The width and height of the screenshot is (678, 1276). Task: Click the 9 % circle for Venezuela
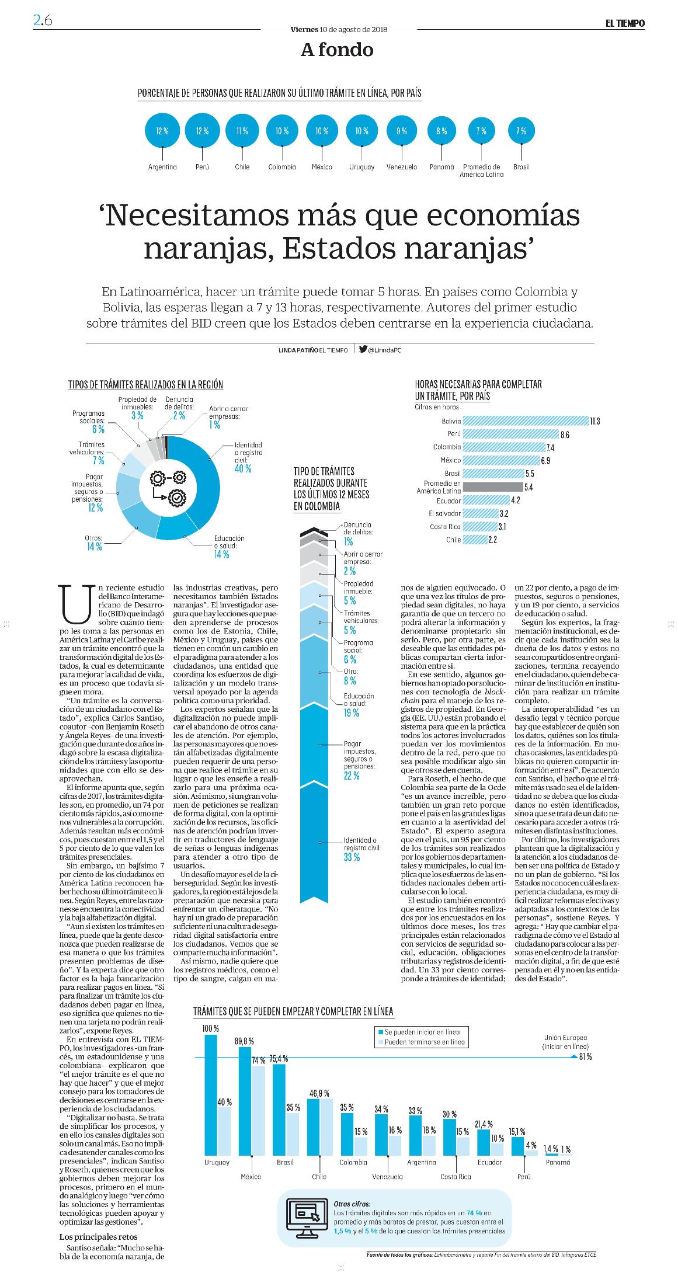(x=402, y=131)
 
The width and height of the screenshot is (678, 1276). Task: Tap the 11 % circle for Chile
(x=242, y=131)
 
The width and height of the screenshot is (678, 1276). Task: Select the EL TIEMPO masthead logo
(x=624, y=23)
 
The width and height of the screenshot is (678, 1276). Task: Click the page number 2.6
(x=43, y=21)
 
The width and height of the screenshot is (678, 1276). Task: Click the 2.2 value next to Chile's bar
(x=492, y=540)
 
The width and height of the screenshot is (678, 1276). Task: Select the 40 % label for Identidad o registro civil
(x=242, y=468)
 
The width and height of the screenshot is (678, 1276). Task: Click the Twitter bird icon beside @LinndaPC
(x=363, y=349)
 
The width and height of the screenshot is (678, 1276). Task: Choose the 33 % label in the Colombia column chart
(x=352, y=857)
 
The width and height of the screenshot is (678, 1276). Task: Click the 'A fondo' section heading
(x=337, y=50)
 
